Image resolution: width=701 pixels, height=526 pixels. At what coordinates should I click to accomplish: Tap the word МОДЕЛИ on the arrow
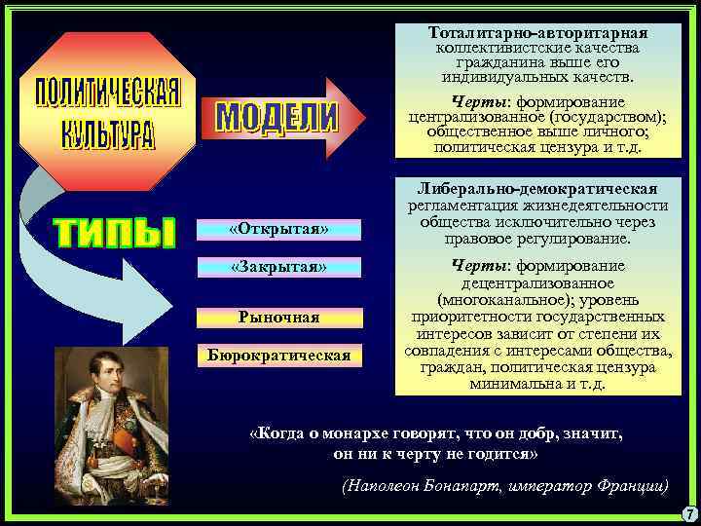(275, 118)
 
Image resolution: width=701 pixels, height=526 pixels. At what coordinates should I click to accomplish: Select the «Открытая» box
(278, 230)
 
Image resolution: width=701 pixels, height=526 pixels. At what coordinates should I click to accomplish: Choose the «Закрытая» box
(278, 267)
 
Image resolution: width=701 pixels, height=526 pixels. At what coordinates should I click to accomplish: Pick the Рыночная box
(278, 318)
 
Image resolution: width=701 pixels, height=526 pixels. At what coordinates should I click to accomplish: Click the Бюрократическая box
(278, 355)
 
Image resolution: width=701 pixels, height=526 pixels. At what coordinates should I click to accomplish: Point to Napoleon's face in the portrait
(114, 383)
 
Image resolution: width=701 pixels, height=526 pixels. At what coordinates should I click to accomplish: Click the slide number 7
(688, 513)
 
